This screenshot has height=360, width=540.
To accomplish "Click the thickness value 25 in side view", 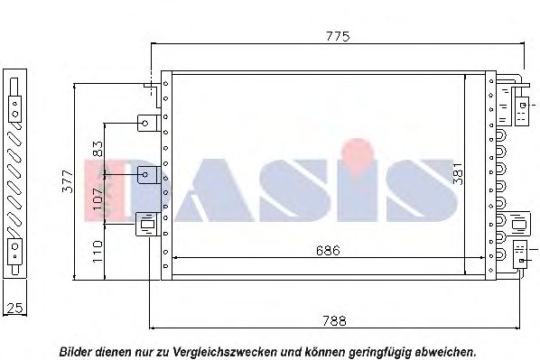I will [x=14, y=308].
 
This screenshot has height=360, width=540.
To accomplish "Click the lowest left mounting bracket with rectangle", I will [x=147, y=223].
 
